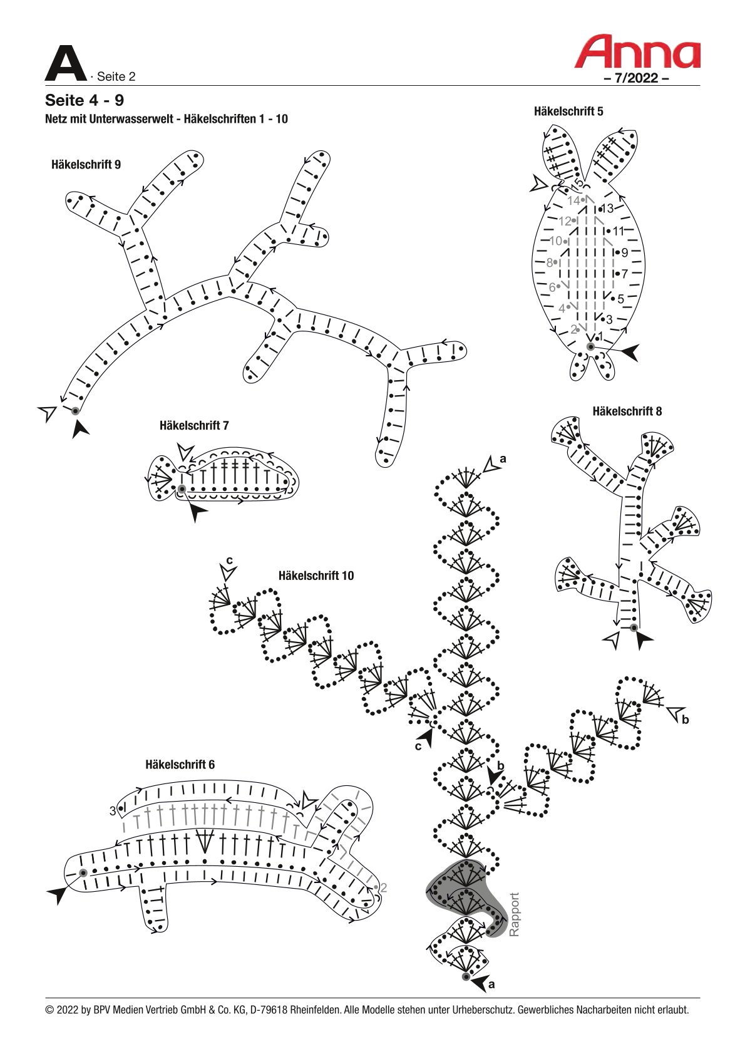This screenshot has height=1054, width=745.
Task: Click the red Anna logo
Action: tap(637, 52)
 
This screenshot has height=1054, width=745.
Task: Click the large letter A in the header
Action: tap(66, 63)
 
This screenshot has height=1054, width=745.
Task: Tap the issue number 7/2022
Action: tap(636, 78)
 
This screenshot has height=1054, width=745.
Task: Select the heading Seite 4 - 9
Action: tap(85, 100)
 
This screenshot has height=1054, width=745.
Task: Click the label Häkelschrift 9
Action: tap(86, 164)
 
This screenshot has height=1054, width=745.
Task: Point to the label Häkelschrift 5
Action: tap(568, 111)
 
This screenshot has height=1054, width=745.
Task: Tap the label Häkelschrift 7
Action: tap(194, 425)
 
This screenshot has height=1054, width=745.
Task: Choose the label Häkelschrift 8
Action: tap(627, 411)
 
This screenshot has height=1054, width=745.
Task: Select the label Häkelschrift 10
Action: tap(316, 576)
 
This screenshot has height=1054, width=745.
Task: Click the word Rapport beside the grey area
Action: tap(515, 915)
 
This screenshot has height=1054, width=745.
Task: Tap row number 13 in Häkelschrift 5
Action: tap(608, 208)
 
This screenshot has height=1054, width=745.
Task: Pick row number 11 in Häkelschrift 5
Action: tap(618, 231)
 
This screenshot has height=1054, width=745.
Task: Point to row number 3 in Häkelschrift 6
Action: tap(113, 811)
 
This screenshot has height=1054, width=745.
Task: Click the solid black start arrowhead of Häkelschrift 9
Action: tap(80, 428)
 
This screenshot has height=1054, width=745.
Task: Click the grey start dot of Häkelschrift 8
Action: tap(634, 628)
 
